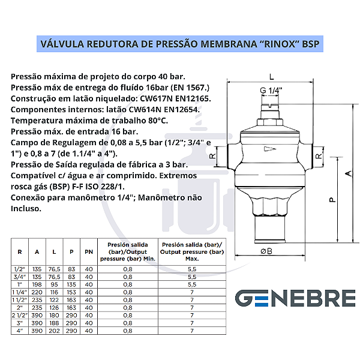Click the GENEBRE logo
click(295, 298)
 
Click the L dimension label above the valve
click(272, 77)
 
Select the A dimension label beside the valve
click(347, 173)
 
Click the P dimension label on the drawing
click(332, 200)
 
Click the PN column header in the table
click(89, 251)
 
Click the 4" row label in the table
click(20, 330)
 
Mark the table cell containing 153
click(71, 292)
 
